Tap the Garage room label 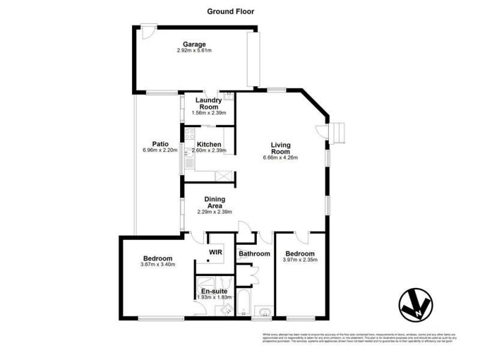[x=194, y=44]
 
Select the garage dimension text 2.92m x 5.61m [x=194, y=51]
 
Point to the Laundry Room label [x=208, y=104]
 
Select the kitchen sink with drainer [x=188, y=160]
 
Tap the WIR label [x=215, y=253]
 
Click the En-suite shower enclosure [x=207, y=284]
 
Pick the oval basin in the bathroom [x=263, y=311]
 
